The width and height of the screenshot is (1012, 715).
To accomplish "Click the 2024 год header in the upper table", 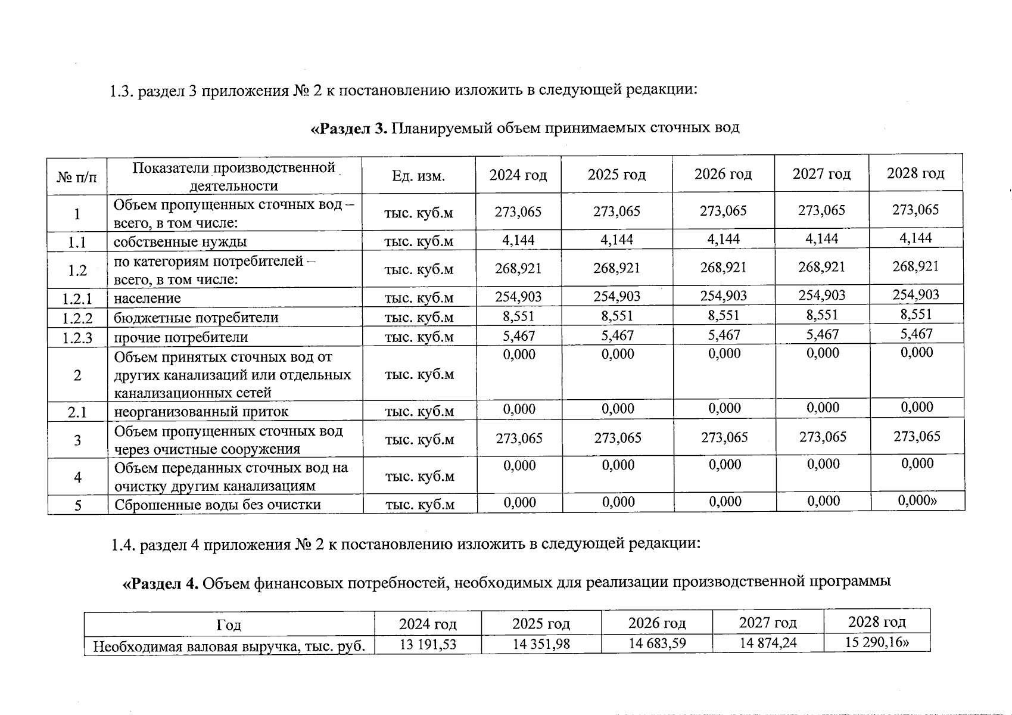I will point(518,175).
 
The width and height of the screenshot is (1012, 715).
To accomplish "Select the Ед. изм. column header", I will point(418,176).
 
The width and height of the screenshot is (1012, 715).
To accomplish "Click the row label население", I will point(147,298).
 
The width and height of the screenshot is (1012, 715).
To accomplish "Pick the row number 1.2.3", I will point(77,338).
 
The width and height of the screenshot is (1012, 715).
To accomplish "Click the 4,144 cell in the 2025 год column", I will point(616,240).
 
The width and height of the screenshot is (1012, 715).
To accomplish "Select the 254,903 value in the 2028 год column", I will point(916,294).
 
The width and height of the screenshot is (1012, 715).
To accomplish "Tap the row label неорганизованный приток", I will point(201,412).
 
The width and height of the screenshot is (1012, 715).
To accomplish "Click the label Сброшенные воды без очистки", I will point(217,505).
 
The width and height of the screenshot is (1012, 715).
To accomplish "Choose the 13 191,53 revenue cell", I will point(428,644).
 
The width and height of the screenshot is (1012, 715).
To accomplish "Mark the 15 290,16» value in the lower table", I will point(877,642).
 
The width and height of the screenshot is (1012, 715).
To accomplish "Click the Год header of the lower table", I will point(229,625).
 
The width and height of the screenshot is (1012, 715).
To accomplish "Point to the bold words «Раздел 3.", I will point(350,128).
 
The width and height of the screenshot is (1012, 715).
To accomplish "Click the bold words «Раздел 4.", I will point(160,583).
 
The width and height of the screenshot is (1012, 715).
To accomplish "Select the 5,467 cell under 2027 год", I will point(822,335).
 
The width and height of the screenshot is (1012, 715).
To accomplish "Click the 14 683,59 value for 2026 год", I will point(657,643).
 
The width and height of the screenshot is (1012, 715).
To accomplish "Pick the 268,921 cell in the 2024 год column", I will point(518,268).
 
